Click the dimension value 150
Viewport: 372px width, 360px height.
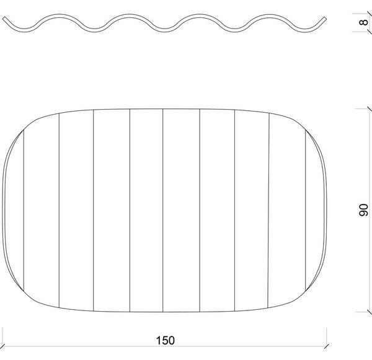tap(166, 340)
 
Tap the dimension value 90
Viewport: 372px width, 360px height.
tap(363, 210)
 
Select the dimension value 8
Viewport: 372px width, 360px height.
tap(363, 22)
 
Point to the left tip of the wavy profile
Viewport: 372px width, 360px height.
tap(3, 18)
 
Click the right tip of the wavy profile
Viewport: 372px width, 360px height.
tap(325, 18)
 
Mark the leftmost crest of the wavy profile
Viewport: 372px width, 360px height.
tap(60, 15)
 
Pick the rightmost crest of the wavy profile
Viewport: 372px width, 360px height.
tap(269, 15)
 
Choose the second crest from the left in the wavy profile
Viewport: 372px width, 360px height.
tap(130, 15)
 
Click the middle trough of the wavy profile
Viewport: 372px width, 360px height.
tap(165, 30)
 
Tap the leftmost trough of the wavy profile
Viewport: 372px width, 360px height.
tap(24, 30)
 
